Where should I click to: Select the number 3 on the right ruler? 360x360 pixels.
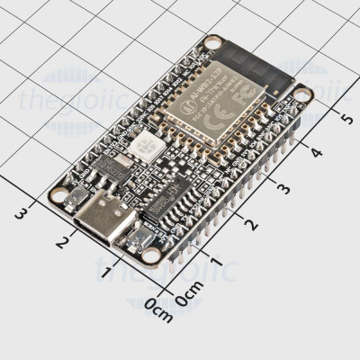[x=285, y=189]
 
